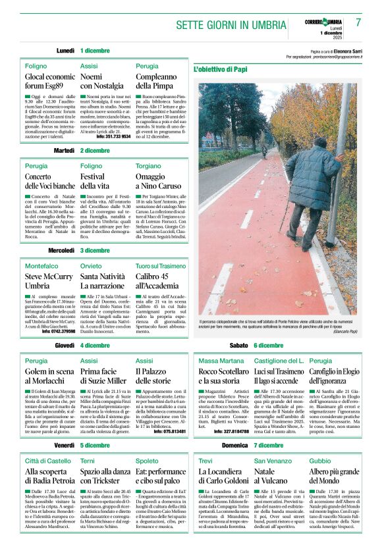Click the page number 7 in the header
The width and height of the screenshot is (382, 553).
coord(358,22)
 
